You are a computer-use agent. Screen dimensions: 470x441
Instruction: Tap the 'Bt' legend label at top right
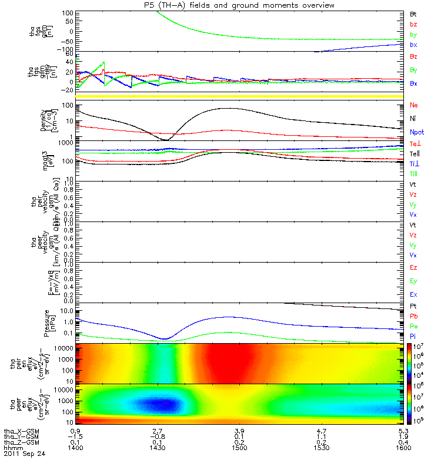click(x=413, y=13)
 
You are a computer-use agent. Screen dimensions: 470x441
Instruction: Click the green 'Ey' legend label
click(x=414, y=281)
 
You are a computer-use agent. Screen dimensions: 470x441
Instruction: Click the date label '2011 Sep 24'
click(x=24, y=454)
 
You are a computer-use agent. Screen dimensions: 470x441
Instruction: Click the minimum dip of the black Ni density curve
click(x=165, y=140)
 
